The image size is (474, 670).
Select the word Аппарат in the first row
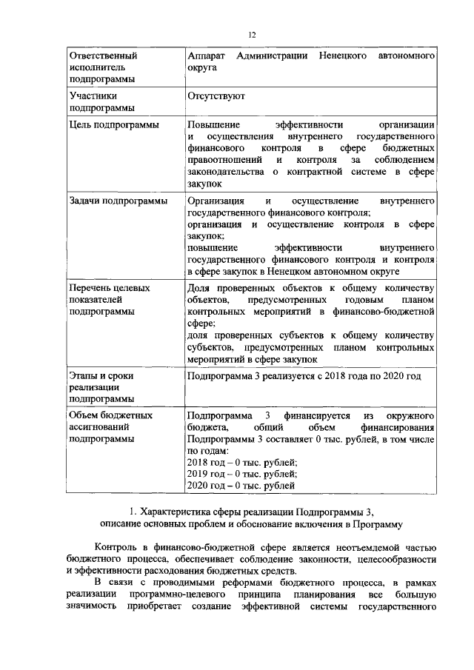tap(205, 56)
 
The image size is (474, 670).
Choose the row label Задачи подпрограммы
tap(117, 201)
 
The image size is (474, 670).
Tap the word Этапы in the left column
tap(82, 376)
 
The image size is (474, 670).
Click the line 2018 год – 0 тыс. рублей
tap(241, 462)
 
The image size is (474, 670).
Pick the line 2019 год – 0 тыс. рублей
tap(241, 474)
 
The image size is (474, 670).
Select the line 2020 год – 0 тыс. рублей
tap(241, 486)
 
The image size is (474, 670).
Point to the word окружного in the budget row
tap(412, 415)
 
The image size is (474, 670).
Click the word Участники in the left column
tap(91, 96)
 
